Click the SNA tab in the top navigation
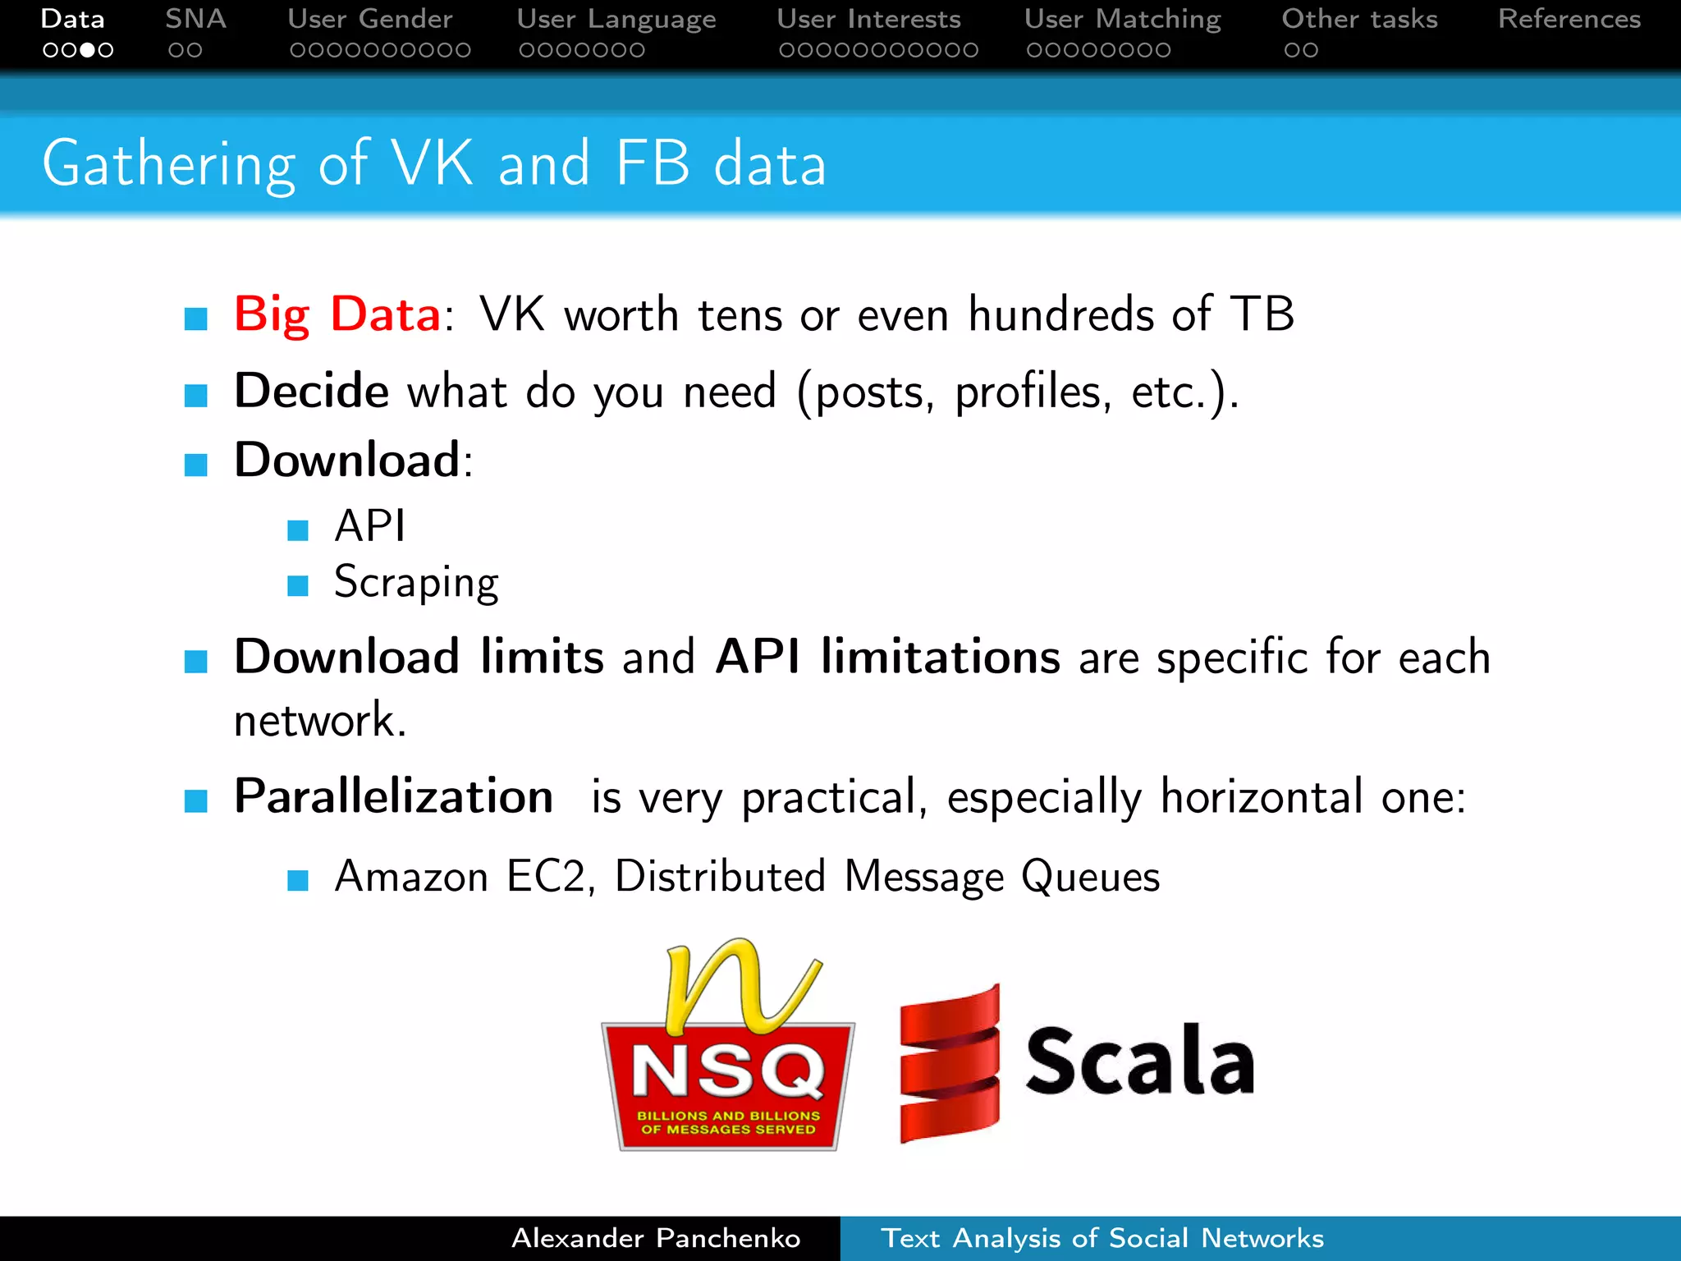[195, 19]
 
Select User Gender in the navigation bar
[370, 19]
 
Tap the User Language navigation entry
[616, 19]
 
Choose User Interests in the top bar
[869, 19]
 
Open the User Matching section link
[1123, 19]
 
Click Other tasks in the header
[1360, 19]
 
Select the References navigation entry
[1569, 19]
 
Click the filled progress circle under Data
[87, 50]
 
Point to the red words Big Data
[337, 314]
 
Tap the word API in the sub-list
[370, 525]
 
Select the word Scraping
[416, 583]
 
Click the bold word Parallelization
[394, 796]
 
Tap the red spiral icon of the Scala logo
[950, 1062]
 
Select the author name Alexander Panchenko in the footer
[656, 1238]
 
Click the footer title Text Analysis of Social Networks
[1102, 1238]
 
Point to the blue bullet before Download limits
[196, 661]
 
